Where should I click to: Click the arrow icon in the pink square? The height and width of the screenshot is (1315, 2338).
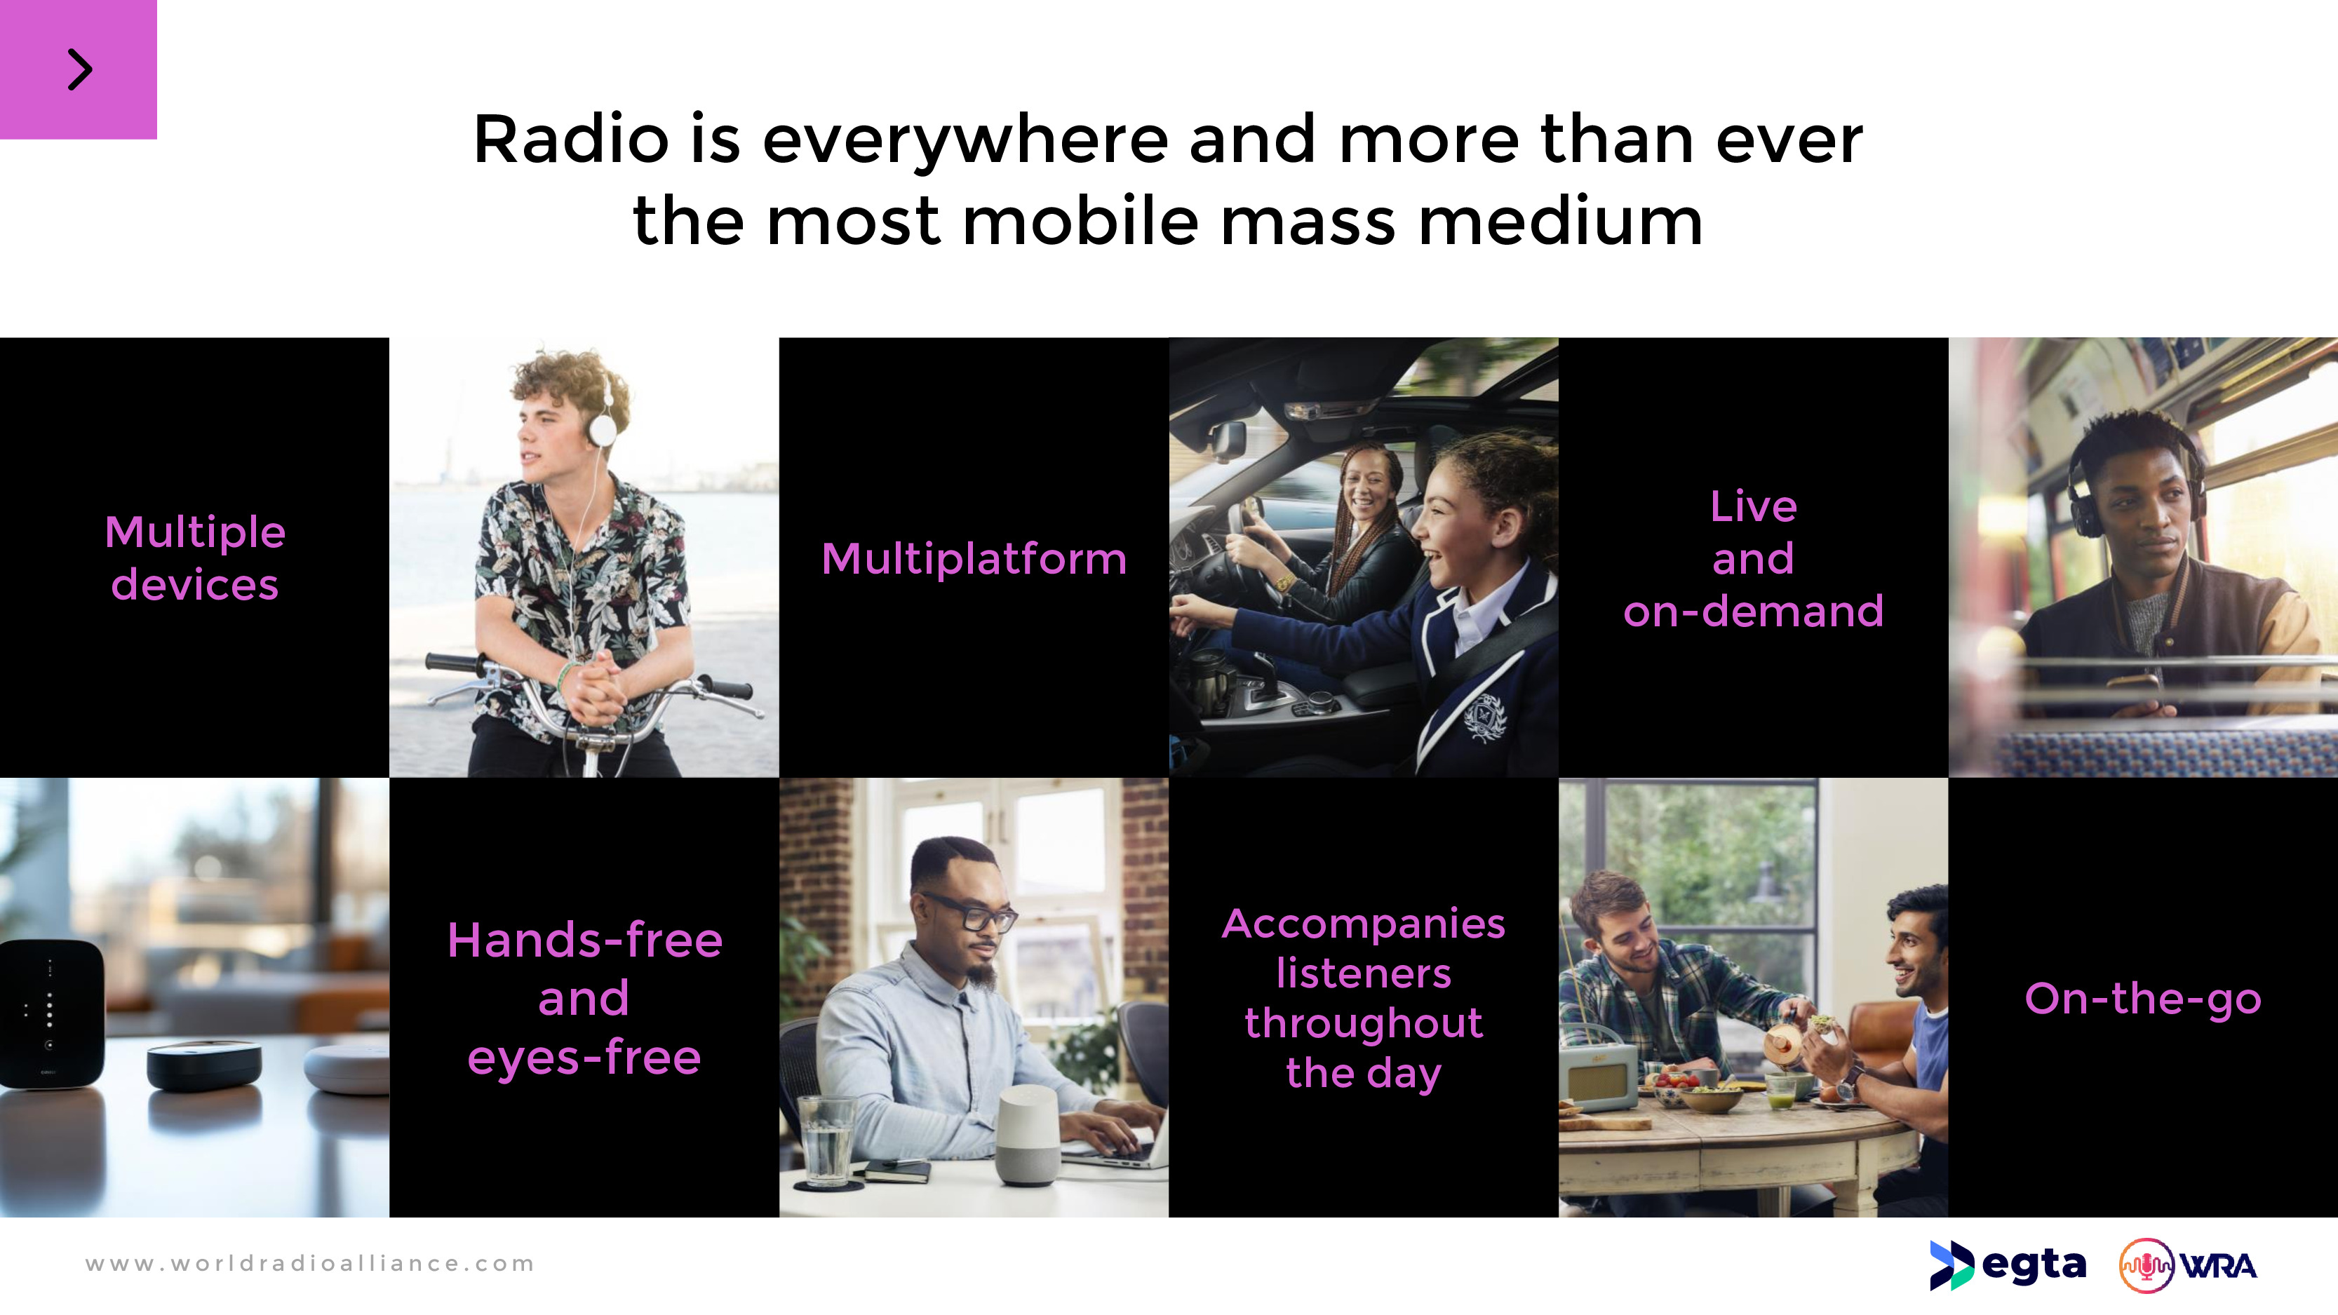(x=80, y=70)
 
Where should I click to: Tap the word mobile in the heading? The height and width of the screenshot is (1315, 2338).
(x=1080, y=222)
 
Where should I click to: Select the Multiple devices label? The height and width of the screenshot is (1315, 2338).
(x=195, y=558)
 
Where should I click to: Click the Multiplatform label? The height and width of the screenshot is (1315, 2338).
(x=974, y=558)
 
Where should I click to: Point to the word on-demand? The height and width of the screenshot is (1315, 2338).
(x=1754, y=611)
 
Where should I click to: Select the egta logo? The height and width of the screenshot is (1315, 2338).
(x=2008, y=1265)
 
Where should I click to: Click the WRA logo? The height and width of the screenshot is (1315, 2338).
(x=2187, y=1265)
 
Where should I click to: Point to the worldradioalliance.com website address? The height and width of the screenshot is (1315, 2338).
(x=309, y=1263)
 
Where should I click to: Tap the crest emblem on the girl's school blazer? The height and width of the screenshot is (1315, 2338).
(x=1485, y=717)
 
